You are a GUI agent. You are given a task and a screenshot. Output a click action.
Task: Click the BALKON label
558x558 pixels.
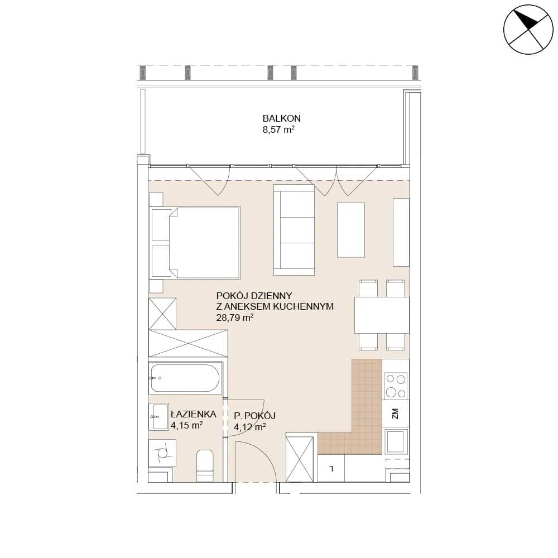point(281,118)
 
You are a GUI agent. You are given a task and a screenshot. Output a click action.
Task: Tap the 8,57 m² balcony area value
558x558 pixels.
point(278,129)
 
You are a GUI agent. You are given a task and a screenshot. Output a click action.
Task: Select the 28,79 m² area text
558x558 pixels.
point(234,318)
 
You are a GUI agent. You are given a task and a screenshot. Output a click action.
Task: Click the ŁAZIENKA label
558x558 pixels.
point(194,414)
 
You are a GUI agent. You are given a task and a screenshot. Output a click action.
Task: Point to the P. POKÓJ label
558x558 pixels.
point(255,416)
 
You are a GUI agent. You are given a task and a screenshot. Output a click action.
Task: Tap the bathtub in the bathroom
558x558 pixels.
point(185,378)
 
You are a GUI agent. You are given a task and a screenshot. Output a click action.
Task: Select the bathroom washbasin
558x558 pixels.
point(158,417)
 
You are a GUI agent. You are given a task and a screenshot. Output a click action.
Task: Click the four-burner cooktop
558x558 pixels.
point(396,386)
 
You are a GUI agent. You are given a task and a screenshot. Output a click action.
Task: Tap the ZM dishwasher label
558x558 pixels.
point(395,413)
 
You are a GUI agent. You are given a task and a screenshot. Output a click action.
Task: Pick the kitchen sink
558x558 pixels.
point(396,441)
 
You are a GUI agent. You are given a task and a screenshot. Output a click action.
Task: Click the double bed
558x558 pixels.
point(196,242)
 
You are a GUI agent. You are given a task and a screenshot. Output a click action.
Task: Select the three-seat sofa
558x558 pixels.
point(294,229)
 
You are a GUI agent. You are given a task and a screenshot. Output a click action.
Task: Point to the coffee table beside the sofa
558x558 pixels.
point(351,230)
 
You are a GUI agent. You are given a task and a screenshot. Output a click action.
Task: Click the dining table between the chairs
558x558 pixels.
point(382,315)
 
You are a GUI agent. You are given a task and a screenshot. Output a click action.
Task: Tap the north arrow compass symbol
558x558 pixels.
point(528,30)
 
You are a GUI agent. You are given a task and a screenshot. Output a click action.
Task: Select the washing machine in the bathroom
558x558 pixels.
point(162,453)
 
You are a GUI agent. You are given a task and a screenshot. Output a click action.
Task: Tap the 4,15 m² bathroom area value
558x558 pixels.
point(187,425)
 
